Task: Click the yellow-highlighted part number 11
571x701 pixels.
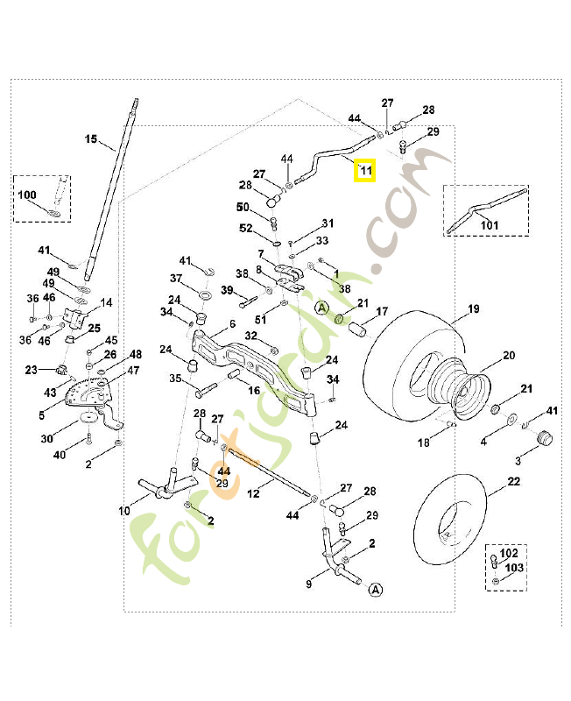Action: [365, 170]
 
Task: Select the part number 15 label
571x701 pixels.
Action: [90, 138]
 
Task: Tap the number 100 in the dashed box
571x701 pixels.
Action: [27, 194]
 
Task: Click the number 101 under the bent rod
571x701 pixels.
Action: [489, 225]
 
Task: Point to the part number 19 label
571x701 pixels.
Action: [473, 308]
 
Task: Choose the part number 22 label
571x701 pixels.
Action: [512, 481]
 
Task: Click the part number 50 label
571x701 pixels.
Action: [243, 207]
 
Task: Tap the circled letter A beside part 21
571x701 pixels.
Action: [322, 308]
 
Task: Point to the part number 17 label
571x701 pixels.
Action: [382, 311]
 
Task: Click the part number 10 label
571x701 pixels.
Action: [124, 510]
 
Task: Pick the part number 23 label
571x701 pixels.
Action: [32, 370]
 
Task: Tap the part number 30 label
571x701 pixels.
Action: [46, 438]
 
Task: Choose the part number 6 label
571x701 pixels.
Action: [233, 324]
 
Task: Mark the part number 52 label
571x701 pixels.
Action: [246, 228]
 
